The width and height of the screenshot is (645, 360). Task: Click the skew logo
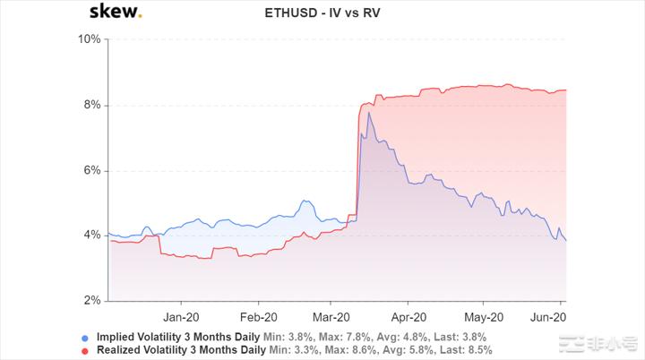[x=115, y=13]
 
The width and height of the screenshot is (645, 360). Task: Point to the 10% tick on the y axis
[x=89, y=39]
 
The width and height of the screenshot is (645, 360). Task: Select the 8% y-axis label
[x=91, y=105]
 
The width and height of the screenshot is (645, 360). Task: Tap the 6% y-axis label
[x=91, y=170]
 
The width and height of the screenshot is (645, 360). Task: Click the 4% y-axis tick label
[x=91, y=236]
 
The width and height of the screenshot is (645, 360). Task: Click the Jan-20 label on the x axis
[x=182, y=316]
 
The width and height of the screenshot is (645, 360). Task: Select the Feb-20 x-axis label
[x=256, y=316]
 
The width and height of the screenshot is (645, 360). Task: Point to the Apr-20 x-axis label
[x=408, y=316]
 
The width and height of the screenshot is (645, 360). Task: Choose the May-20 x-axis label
[x=483, y=316]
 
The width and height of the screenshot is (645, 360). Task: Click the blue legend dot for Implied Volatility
[x=84, y=338]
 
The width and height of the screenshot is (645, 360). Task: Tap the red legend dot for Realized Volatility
[x=84, y=350]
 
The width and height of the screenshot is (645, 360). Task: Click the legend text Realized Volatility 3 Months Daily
[x=176, y=349]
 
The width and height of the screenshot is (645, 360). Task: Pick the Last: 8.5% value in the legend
[x=465, y=349]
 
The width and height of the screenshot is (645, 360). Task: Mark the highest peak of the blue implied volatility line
[x=368, y=113]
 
